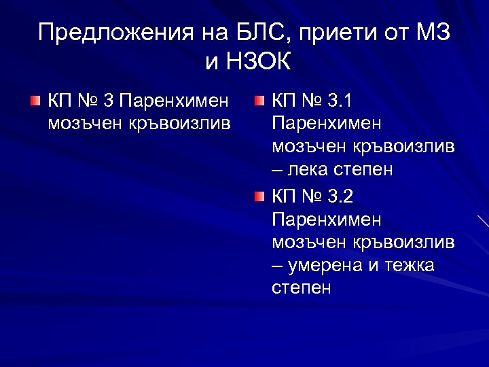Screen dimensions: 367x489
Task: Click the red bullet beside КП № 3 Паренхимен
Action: coord(35,102)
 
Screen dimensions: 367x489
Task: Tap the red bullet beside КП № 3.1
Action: coord(259,102)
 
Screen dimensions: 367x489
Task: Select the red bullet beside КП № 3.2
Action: coord(259,197)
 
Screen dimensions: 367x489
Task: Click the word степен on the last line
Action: coord(302,287)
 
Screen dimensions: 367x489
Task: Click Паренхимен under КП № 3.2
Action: coord(326,220)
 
